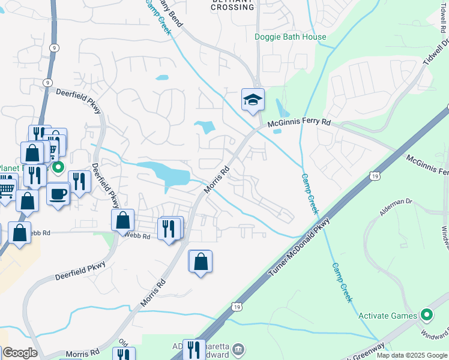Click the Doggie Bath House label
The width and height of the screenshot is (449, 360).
[291, 37]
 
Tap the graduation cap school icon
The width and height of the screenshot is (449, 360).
[253, 100]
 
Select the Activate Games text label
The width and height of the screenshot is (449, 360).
[388, 316]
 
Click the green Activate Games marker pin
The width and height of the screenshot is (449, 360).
[427, 314]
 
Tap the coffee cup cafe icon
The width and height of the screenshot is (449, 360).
[58, 194]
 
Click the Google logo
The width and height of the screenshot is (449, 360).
[20, 353]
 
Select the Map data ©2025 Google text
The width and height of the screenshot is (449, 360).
[411, 355]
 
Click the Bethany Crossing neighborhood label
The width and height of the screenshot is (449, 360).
[233, 5]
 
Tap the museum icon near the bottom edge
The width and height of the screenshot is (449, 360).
[238, 349]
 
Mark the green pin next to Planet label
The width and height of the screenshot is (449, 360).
[58, 167]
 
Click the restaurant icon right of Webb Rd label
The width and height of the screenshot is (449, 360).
[169, 227]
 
